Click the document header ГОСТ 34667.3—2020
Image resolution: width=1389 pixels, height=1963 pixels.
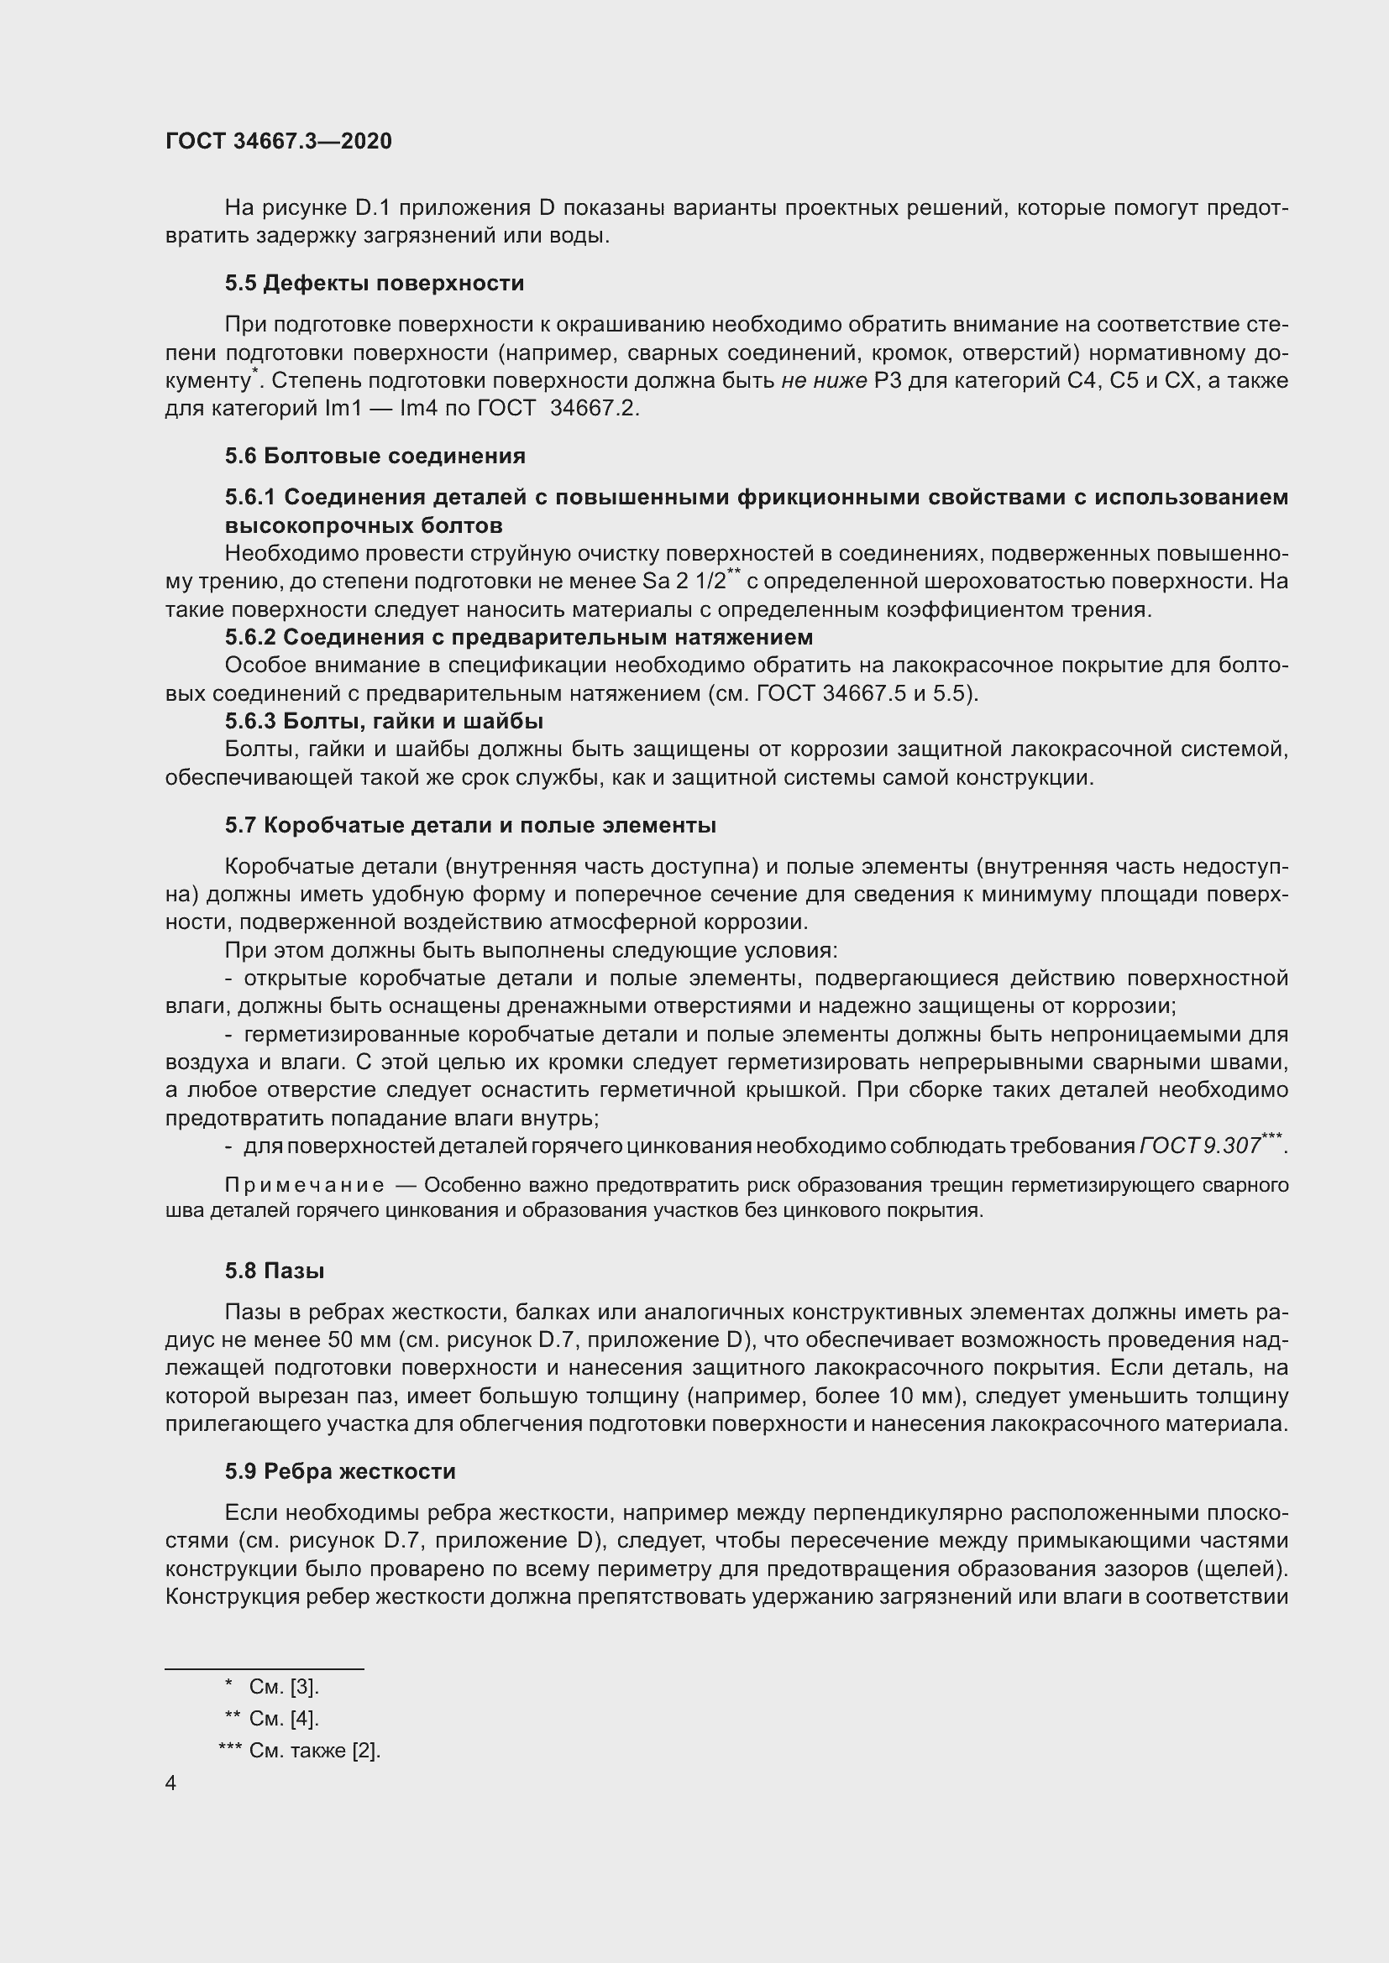[279, 141]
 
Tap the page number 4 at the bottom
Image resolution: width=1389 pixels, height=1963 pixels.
[171, 1783]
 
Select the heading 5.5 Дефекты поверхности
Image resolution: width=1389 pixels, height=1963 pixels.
[375, 283]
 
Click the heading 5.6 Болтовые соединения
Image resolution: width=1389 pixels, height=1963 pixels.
[375, 456]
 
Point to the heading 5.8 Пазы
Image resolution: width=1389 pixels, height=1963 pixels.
[275, 1271]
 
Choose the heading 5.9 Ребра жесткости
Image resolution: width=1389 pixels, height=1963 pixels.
[340, 1471]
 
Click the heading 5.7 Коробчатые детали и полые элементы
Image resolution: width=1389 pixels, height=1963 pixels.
[470, 825]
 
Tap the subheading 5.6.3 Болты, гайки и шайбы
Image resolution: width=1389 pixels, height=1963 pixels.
[384, 721]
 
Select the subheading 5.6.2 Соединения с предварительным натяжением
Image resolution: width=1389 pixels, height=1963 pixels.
[518, 637]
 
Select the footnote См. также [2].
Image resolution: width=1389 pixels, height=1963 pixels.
[314, 1750]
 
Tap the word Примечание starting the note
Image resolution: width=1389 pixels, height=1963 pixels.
[304, 1186]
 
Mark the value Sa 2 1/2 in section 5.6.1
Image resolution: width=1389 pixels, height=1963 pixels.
[683, 582]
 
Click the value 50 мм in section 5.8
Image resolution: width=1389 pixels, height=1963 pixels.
[351, 1339]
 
